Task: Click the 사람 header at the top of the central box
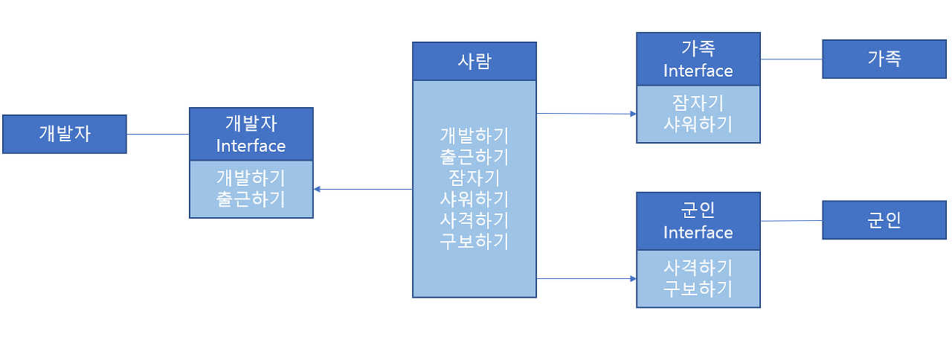[475, 61]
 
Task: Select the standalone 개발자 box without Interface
[65, 134]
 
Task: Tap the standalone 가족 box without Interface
[884, 60]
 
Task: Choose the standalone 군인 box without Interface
[884, 220]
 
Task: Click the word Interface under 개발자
[251, 146]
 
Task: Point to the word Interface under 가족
[698, 71]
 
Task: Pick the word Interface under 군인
[698, 232]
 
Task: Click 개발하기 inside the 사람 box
[475, 136]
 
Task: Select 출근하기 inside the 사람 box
[475, 157]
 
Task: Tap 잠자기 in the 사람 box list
[475, 178]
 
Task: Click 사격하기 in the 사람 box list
[475, 220]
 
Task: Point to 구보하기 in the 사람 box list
[475, 241]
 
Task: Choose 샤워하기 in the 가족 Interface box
[698, 123]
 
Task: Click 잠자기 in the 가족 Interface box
[698, 103]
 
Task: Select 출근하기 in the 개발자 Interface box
[251, 199]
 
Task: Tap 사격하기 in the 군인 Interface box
[698, 267]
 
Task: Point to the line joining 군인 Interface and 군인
[791, 221]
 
